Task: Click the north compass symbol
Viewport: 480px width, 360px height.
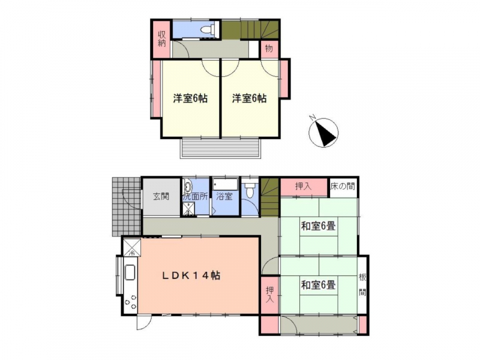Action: pos(323,132)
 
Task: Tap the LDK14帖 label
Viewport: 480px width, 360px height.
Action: pos(191,276)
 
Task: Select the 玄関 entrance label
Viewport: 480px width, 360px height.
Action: pos(161,196)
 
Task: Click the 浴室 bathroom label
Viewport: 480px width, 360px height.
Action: pos(224,196)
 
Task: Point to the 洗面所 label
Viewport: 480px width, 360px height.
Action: pos(196,196)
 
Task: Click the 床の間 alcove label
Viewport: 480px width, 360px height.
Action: pos(343,186)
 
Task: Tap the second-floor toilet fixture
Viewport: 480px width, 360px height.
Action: pos(208,29)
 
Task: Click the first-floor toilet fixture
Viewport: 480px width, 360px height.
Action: pos(250,191)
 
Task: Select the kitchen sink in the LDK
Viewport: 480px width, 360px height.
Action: pos(130,272)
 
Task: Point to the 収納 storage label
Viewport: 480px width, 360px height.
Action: pos(161,39)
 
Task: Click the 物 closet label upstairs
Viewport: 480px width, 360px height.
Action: pos(269,49)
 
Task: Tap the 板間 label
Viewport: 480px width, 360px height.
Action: pos(362,285)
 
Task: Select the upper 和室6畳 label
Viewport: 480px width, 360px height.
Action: pos(319,227)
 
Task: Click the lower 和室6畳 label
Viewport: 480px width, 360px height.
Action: pos(319,286)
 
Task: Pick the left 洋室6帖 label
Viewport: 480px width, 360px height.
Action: pos(190,98)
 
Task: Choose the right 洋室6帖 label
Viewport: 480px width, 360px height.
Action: pos(249,98)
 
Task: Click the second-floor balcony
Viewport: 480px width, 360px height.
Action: pos(220,148)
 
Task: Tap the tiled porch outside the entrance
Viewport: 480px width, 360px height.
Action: pos(127,206)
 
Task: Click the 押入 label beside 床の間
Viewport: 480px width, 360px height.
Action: pos(304,186)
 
